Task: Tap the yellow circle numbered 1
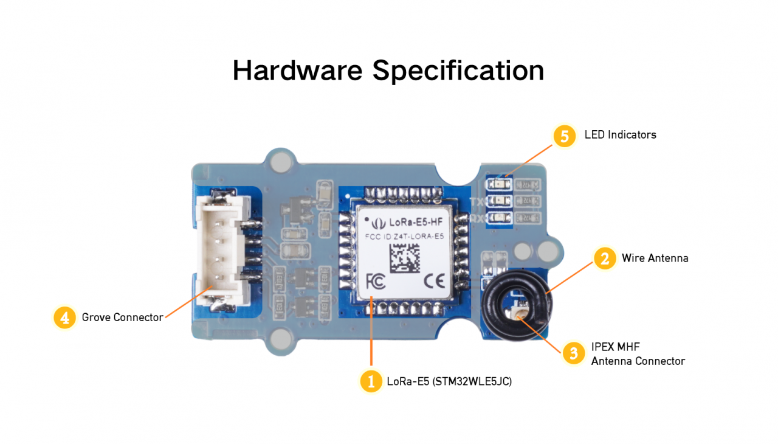[371, 381]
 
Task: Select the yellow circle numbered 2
[604, 258]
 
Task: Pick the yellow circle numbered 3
[574, 353]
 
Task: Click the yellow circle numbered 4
[64, 317]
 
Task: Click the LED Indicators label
[620, 135]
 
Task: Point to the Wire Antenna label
[655, 258]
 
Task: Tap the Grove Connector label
[122, 317]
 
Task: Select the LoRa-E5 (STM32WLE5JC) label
[449, 382]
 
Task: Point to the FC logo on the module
[376, 281]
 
